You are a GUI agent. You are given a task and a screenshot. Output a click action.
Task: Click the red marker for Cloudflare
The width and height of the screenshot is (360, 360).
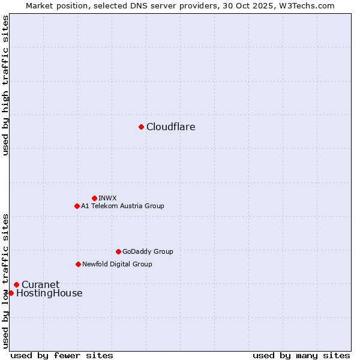coord(141,127)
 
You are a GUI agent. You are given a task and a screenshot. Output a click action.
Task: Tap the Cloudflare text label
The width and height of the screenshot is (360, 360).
coord(171,127)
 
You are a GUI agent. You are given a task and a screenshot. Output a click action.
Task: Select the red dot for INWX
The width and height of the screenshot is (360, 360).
coord(94,198)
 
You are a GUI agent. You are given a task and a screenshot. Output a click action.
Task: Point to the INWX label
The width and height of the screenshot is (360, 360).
coord(107,198)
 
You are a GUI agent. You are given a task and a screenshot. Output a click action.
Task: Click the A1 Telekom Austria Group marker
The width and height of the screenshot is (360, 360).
coord(77,206)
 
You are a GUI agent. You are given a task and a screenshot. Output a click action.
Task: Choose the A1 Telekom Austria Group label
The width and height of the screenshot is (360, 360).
coord(122,206)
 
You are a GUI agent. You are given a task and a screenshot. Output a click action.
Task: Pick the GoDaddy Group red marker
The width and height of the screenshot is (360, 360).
coord(118,251)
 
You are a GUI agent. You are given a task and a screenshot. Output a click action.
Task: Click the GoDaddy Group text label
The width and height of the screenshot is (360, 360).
coord(148,252)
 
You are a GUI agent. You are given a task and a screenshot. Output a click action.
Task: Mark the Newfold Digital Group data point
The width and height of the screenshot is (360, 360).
coord(78,264)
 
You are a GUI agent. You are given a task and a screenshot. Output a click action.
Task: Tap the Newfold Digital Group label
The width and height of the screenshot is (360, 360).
coord(117,265)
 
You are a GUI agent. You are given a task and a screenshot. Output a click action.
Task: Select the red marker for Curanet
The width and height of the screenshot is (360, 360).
coord(16,284)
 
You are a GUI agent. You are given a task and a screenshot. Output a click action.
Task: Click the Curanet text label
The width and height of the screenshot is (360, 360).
coord(41,285)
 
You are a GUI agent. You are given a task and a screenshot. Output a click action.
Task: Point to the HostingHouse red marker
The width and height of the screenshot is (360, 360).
coord(11,293)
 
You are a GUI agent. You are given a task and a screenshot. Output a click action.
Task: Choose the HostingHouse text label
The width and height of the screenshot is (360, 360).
coord(49,293)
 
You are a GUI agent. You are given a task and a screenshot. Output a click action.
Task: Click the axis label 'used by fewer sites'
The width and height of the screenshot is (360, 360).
coord(62,355)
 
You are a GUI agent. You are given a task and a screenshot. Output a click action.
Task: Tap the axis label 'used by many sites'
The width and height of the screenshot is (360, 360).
coord(301,355)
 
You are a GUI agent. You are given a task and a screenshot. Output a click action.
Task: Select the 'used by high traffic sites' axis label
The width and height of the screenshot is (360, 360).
coord(6,85)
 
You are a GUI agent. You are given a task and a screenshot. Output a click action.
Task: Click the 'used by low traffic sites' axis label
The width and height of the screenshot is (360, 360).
coord(6,280)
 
